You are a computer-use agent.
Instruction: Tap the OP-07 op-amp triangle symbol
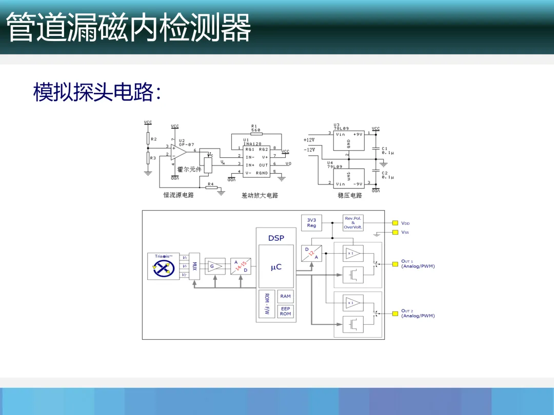click(x=178, y=152)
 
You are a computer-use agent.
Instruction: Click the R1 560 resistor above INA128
click(x=256, y=133)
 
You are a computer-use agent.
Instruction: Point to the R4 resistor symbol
click(x=211, y=188)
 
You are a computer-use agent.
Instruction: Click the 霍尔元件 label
click(x=189, y=169)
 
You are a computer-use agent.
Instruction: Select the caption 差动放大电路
click(x=260, y=195)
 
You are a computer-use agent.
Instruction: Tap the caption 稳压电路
click(x=350, y=195)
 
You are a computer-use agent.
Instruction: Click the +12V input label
click(x=309, y=140)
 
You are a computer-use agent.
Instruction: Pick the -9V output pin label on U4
click(x=357, y=183)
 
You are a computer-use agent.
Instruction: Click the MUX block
click(x=194, y=266)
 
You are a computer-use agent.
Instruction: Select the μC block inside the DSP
click(x=276, y=267)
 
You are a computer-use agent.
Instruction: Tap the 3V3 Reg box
click(x=311, y=223)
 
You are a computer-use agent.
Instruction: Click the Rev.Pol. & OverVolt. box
click(x=353, y=223)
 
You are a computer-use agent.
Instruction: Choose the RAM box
click(x=285, y=296)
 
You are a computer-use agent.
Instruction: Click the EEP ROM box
click(x=285, y=311)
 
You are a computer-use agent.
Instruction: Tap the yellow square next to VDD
click(x=395, y=223)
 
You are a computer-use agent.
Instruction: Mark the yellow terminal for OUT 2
click(x=395, y=313)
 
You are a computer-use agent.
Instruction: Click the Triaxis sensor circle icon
click(x=164, y=266)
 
